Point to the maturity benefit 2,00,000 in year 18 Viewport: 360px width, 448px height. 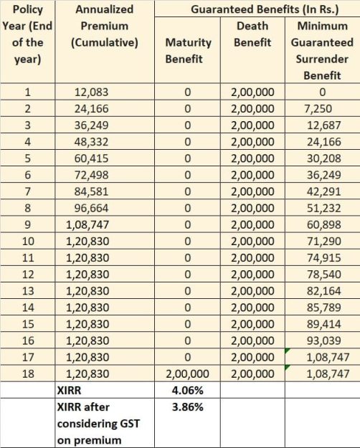coord(187,373)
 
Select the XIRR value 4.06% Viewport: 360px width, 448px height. coord(187,390)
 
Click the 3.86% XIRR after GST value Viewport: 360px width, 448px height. coord(187,406)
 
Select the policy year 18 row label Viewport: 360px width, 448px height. coord(28,373)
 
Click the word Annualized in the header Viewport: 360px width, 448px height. coord(104,10)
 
